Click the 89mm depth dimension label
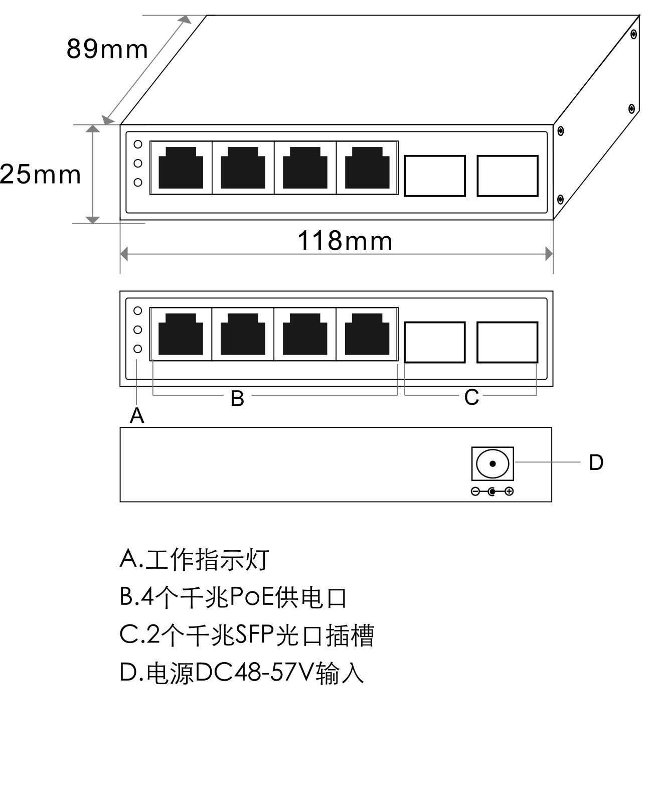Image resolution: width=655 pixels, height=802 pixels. [x=107, y=49]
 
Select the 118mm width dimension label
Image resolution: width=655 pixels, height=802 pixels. [x=345, y=241]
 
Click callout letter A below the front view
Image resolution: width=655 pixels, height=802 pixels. [x=137, y=415]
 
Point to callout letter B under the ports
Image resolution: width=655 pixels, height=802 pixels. [x=237, y=399]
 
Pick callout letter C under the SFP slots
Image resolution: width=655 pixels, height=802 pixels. [x=471, y=397]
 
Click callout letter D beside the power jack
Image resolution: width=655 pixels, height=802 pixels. [x=596, y=463]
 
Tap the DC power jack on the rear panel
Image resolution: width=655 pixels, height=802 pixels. [x=493, y=463]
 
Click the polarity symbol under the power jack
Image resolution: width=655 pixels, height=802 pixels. [x=492, y=492]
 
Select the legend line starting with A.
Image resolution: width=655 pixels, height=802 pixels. [x=195, y=559]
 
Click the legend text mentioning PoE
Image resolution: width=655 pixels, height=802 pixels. [x=233, y=597]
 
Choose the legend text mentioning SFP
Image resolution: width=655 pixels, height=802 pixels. [x=247, y=635]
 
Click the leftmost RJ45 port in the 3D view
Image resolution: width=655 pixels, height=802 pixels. [x=181, y=168]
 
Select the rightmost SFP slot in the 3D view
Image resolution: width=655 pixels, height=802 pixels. [x=508, y=176]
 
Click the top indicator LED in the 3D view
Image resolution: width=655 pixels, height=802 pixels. [x=138, y=144]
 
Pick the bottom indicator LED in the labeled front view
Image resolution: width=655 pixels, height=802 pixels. [x=138, y=349]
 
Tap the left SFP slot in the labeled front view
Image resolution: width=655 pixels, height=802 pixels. [x=434, y=342]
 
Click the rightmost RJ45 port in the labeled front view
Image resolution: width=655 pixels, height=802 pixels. [x=367, y=334]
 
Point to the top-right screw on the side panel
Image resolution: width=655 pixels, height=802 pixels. [x=634, y=35]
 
